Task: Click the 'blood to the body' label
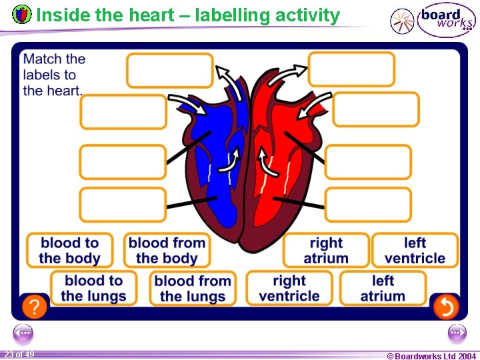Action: [x=69, y=251]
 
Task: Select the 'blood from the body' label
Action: [x=166, y=251]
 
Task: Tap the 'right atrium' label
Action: [x=325, y=251]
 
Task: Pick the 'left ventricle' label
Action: [x=415, y=251]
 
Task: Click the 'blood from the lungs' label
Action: [x=192, y=289]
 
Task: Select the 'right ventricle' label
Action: [x=289, y=289]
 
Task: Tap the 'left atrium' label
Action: [x=383, y=289]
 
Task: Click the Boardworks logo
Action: [x=433, y=21]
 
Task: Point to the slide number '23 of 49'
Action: [x=19, y=355]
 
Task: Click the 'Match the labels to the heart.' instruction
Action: [x=53, y=75]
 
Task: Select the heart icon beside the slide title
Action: [x=22, y=14]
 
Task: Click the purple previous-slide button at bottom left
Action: [x=23, y=333]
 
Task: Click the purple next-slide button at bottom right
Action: [x=457, y=333]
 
